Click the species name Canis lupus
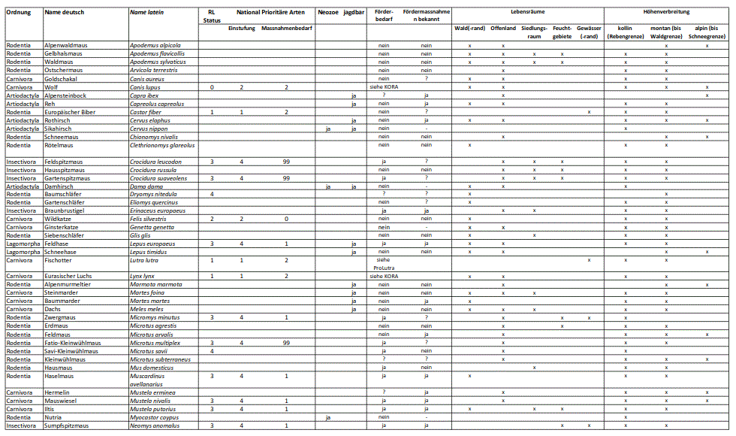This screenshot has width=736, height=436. [146, 87]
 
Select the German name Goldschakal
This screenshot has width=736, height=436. [62, 79]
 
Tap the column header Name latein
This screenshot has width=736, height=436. [147, 13]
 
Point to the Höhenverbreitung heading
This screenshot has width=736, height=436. [666, 13]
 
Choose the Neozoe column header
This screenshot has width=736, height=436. [327, 13]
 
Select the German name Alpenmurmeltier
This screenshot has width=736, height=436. [68, 285]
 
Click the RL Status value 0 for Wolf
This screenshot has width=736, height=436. [212, 87]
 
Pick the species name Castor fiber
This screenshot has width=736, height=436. [146, 112]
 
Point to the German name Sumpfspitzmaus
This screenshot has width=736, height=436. [67, 425]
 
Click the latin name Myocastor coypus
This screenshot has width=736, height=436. [153, 417]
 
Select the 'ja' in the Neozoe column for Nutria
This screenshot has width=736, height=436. [327, 417]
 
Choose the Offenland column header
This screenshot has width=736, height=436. [503, 29]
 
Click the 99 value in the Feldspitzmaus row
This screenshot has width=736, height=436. [286, 162]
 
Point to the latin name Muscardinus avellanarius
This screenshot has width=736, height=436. [153, 380]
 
